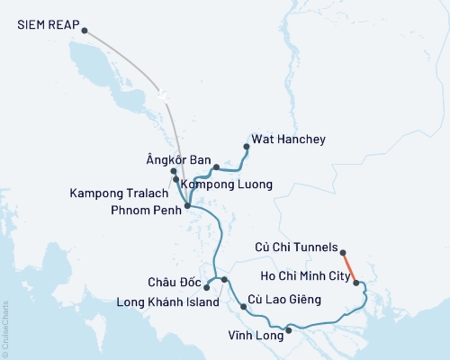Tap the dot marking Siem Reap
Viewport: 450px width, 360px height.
85,31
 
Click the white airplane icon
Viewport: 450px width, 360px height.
162,94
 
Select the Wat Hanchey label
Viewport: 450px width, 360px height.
289,139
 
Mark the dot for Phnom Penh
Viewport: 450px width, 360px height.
187,207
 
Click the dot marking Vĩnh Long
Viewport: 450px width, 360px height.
288,330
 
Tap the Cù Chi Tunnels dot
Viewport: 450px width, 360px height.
343,253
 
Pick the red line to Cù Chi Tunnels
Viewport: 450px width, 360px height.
350,267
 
